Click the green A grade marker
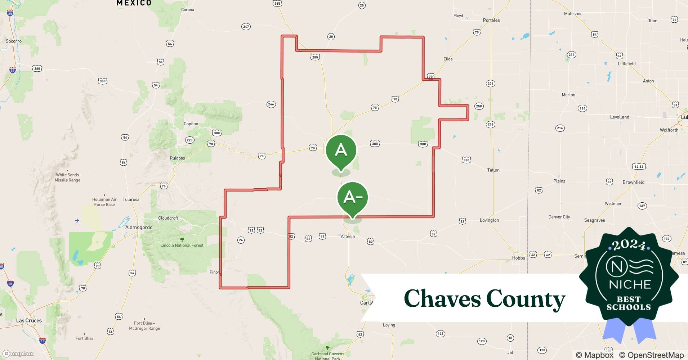pyautogui.click(x=341, y=150)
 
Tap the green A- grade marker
pyautogui.click(x=353, y=198)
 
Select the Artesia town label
pyautogui.click(x=348, y=237)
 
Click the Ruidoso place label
pyautogui.click(x=177, y=158)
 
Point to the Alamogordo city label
pyautogui.click(x=139, y=228)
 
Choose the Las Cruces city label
pyautogui.click(x=29, y=320)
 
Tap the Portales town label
pyautogui.click(x=491, y=20)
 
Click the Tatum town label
pyautogui.click(x=493, y=170)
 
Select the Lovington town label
pyautogui.click(x=489, y=220)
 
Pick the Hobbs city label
pyautogui.click(x=518, y=258)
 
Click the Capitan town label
pyautogui.click(x=191, y=124)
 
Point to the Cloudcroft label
pyautogui.click(x=168, y=218)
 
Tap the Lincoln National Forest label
pyautogui.click(x=182, y=246)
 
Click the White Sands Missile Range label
pyautogui.click(x=67, y=177)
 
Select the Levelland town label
pyautogui.click(x=620, y=117)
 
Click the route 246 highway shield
pyautogui.click(x=271, y=104)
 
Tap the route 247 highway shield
pyautogui.click(x=246, y=27)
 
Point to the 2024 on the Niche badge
pyautogui.click(x=629, y=245)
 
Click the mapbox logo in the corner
pyautogui.click(x=18, y=354)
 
